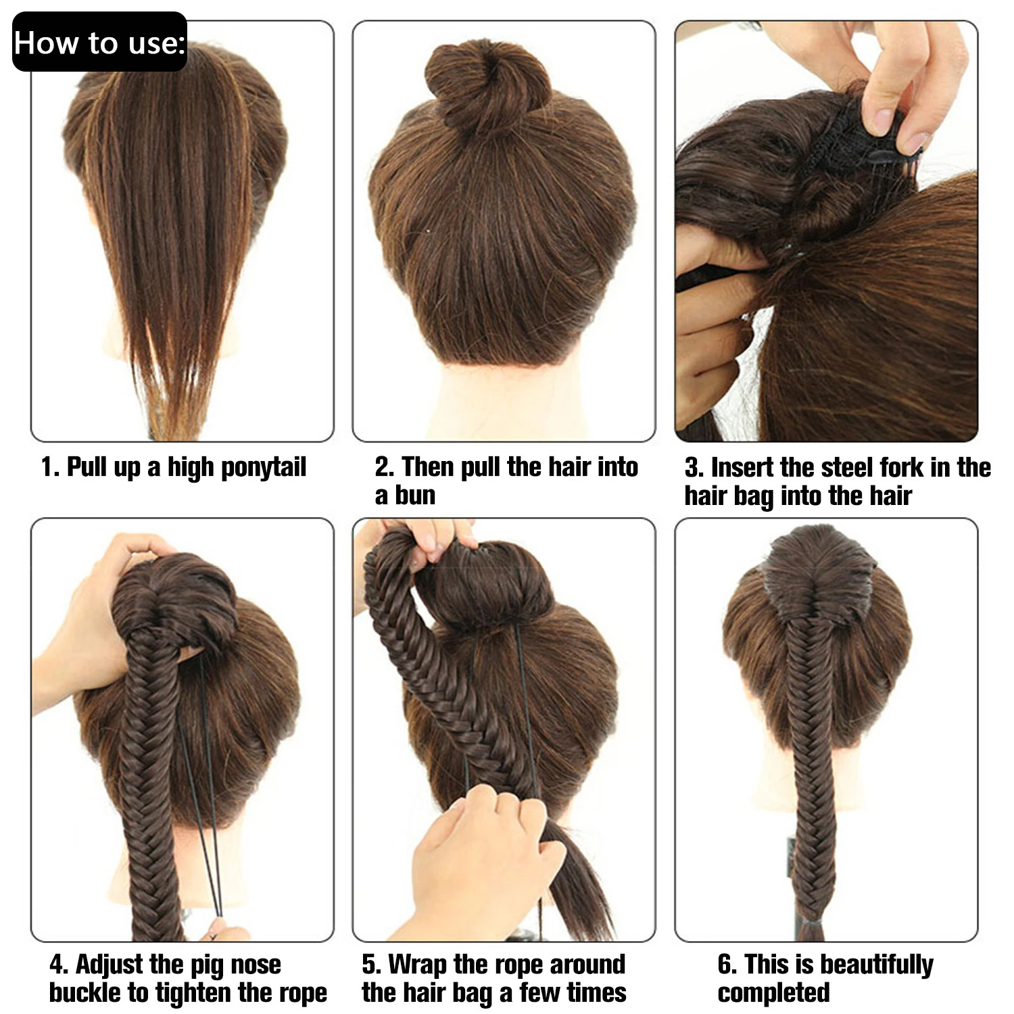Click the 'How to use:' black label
tap(99, 42)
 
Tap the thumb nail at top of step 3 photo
tap(882, 119)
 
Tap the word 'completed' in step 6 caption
tap(773, 993)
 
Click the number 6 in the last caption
tap(725, 965)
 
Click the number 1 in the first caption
tap(47, 468)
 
